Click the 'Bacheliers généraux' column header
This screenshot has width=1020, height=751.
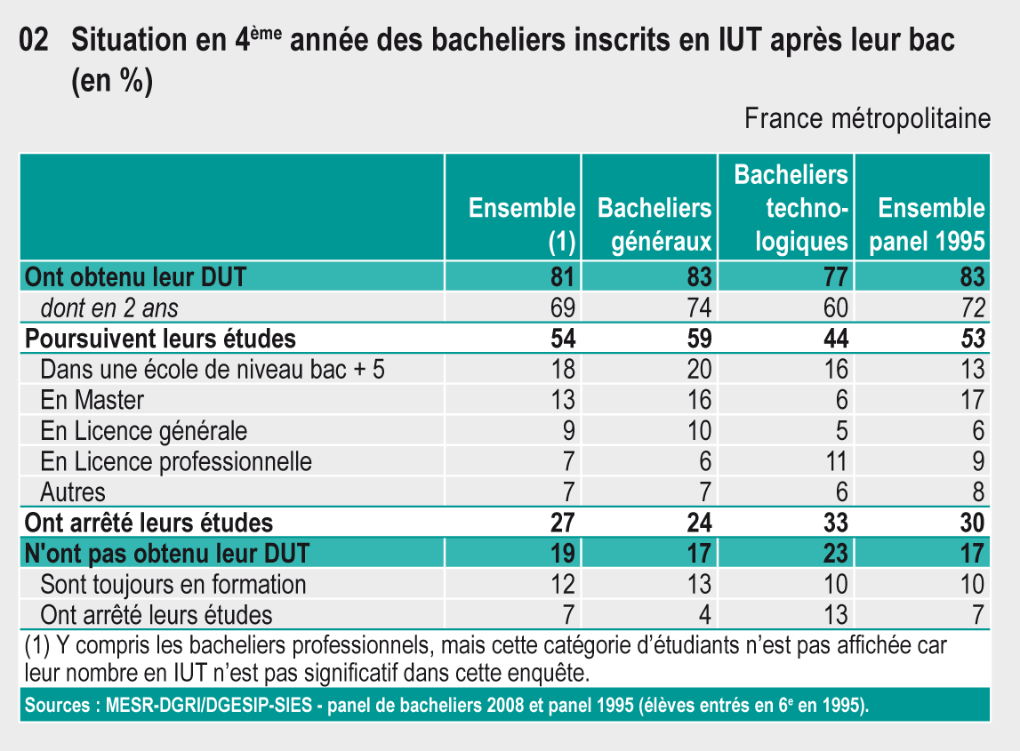(x=655, y=224)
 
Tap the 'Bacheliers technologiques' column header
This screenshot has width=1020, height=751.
(x=791, y=208)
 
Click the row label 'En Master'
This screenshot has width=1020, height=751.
(x=92, y=400)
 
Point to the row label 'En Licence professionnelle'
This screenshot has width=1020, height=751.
(x=176, y=461)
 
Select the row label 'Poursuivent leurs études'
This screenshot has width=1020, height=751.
(x=161, y=339)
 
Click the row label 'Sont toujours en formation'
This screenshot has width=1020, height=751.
(x=173, y=584)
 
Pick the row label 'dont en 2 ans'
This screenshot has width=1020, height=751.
(x=109, y=308)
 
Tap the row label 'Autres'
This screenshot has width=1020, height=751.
(x=73, y=491)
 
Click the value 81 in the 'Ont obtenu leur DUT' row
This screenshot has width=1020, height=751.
(x=563, y=277)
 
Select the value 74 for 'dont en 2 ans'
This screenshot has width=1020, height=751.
(x=699, y=308)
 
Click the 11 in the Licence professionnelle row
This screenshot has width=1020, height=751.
(x=836, y=461)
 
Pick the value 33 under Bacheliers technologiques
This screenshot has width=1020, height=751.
(x=835, y=523)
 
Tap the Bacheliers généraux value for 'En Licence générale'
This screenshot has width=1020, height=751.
(x=699, y=431)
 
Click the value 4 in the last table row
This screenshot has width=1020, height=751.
(x=705, y=614)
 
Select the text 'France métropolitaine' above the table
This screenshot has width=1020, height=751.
(x=867, y=118)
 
